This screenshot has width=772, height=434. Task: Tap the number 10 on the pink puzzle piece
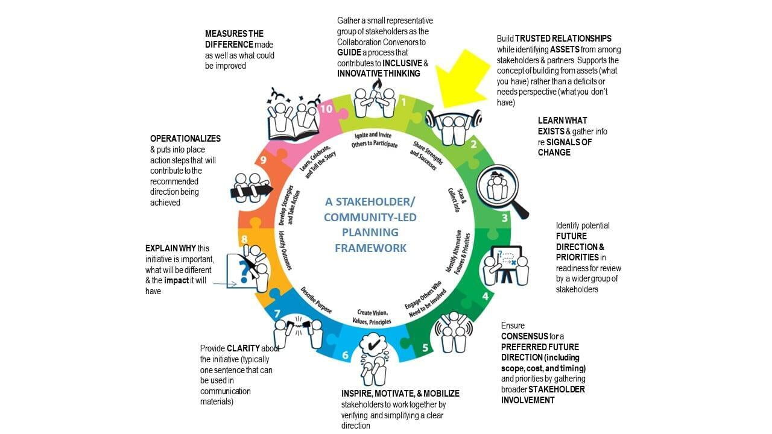[326, 109]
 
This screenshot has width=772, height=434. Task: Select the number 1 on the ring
[404, 102]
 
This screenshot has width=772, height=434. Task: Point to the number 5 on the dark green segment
[425, 348]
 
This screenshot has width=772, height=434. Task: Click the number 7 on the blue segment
[277, 314]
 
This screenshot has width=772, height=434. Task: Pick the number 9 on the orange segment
[264, 160]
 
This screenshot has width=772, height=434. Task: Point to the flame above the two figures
[378, 85]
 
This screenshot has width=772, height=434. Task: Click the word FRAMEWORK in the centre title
[370, 248]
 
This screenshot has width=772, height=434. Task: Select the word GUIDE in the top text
[349, 52]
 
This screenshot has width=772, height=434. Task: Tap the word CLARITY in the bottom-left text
[243, 348]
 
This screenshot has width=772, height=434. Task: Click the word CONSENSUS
[525, 336]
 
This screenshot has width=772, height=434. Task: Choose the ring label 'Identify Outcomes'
[285, 250]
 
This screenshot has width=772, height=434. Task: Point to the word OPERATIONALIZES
[185, 139]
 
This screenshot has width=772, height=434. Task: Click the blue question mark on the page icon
[244, 271]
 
